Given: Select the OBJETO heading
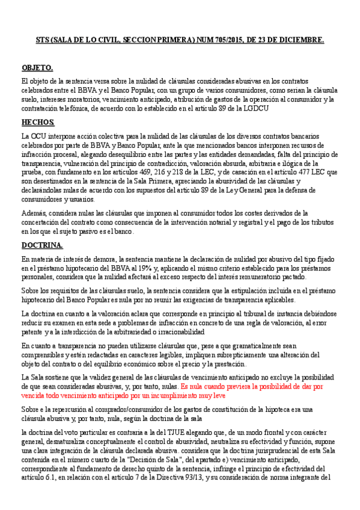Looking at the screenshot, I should [x=37, y=67].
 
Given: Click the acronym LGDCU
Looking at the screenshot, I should [x=255, y=108].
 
